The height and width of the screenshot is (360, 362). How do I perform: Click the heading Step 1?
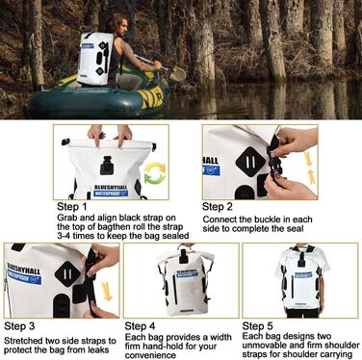72,206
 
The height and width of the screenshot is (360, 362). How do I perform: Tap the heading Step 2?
218,207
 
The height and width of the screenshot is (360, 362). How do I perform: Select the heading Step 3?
19,326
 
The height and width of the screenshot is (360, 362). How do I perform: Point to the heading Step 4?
140,326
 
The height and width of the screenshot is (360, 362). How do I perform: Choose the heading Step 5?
257,326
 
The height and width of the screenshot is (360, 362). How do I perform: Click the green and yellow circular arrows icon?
155,173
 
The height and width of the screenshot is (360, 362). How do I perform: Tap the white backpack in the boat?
95,59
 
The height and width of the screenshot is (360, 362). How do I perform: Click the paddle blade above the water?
177,74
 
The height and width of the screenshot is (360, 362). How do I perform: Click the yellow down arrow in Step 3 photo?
106,292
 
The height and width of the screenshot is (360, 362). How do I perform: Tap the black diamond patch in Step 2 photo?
251,164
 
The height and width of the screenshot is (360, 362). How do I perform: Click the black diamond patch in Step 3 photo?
67,274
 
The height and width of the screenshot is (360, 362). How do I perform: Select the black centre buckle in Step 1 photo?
106,165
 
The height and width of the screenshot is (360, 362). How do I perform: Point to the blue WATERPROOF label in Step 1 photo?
111,193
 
